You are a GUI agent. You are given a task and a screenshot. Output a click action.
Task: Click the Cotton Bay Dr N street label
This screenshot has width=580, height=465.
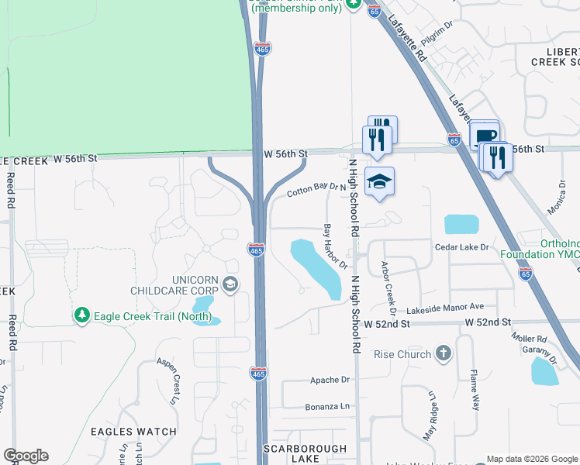316,188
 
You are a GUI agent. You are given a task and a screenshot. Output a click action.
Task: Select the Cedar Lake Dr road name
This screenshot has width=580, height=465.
463,247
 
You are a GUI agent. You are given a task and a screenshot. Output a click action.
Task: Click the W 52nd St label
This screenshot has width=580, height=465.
488,322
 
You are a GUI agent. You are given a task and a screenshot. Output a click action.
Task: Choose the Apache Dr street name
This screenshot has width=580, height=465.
331,380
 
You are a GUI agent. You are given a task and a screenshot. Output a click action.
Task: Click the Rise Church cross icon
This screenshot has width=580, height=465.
443,354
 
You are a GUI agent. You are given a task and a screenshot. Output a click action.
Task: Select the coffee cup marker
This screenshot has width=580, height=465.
484,135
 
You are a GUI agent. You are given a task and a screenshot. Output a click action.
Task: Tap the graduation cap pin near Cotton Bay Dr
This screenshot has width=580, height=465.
379,182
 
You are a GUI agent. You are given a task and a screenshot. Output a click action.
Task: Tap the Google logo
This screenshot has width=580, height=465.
26,456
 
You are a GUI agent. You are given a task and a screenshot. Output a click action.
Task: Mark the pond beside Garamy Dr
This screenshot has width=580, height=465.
545,372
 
